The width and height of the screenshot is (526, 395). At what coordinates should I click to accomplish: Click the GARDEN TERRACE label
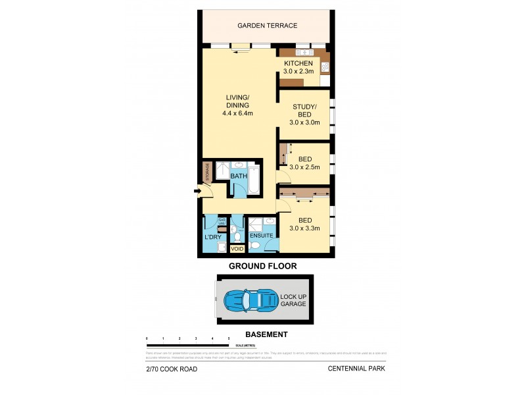coord(268,26)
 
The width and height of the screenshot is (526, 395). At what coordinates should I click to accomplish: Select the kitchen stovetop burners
coord(325,66)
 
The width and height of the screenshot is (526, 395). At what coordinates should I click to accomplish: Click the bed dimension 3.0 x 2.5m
coord(304,167)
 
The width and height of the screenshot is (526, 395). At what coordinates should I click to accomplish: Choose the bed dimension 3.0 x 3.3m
coord(304,228)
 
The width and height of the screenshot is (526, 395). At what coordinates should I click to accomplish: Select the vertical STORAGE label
coord(208,172)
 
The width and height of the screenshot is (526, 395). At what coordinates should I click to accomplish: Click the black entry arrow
coord(198,192)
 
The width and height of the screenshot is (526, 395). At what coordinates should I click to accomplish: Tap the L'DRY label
coord(212,237)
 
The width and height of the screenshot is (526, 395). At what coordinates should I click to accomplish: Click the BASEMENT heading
coord(266,334)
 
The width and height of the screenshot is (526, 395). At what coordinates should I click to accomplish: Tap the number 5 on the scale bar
coord(229,338)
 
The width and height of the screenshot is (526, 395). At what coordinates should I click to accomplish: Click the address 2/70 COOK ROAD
coord(172,369)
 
